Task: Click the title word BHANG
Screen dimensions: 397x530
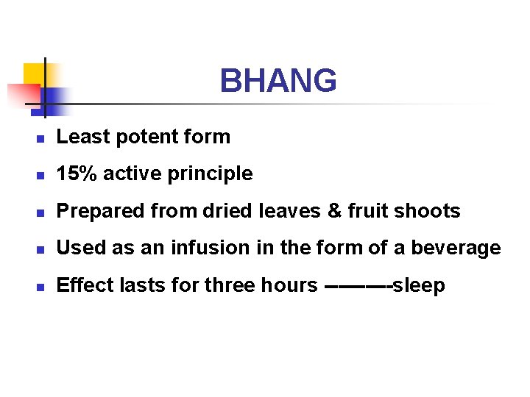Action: pos(278,81)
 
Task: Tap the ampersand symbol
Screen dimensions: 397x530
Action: pos(334,212)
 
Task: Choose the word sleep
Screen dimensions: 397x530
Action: pos(419,285)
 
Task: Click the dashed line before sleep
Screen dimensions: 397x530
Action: pos(357,285)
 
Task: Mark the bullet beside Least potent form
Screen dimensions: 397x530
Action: pos(42,138)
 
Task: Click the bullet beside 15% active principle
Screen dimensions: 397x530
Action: pos(42,176)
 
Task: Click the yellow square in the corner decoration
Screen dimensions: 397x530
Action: pos(34,74)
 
